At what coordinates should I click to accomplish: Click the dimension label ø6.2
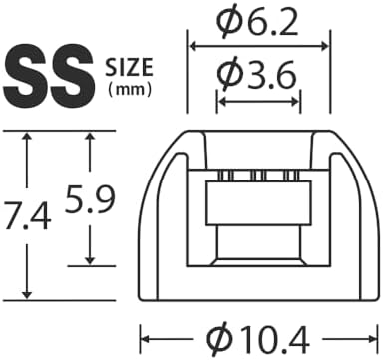click(256, 23)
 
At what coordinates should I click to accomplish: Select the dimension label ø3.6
click(256, 74)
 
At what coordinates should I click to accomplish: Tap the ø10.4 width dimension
click(258, 339)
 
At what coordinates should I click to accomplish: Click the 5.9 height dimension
click(90, 199)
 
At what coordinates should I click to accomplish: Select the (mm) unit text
click(130, 89)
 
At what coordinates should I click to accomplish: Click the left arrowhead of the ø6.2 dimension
click(193, 46)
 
